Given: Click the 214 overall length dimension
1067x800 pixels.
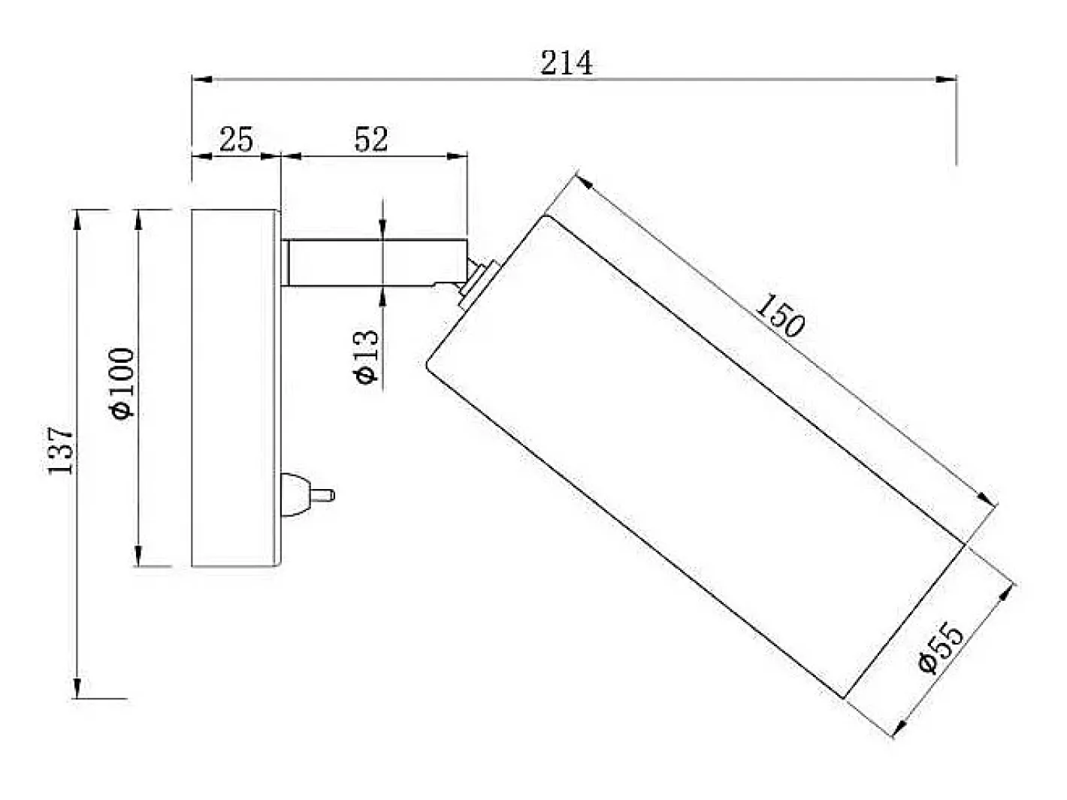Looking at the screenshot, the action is click(x=567, y=62).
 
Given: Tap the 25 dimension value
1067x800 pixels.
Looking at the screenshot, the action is click(x=236, y=140).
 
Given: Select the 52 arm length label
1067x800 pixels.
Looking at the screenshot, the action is click(x=371, y=140).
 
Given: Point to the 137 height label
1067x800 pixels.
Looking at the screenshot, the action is click(x=61, y=450).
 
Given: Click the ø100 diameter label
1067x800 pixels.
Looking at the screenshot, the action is click(x=122, y=383).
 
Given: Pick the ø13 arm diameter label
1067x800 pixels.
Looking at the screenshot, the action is click(x=365, y=357).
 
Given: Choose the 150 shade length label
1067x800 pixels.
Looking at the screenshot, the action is click(x=780, y=315).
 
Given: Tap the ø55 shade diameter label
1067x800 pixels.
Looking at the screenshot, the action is click(x=941, y=648).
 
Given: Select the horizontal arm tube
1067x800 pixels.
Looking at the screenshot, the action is click(x=374, y=262).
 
